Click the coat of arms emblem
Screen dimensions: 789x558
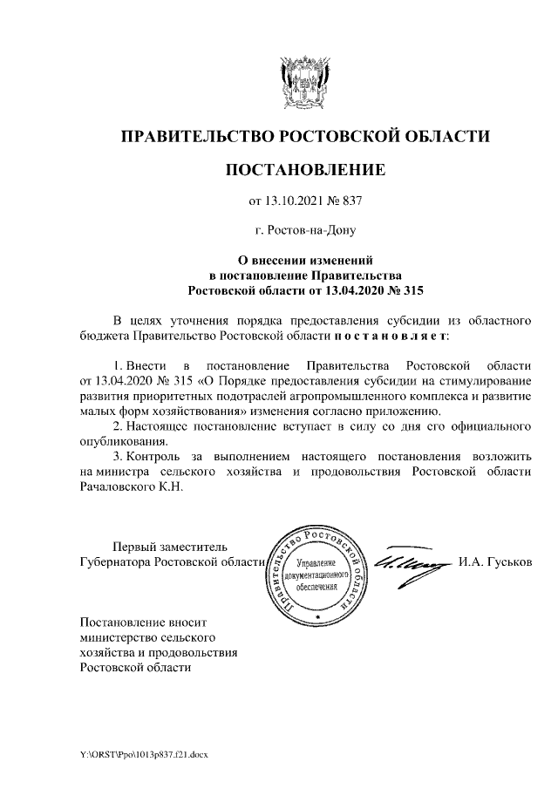point(305,82)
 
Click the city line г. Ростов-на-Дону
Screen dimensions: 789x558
point(305,231)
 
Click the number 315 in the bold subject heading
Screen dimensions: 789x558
point(410,289)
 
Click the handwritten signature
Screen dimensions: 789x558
point(407,561)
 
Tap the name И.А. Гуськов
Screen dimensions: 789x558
point(494,562)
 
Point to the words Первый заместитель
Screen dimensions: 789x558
point(153,547)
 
